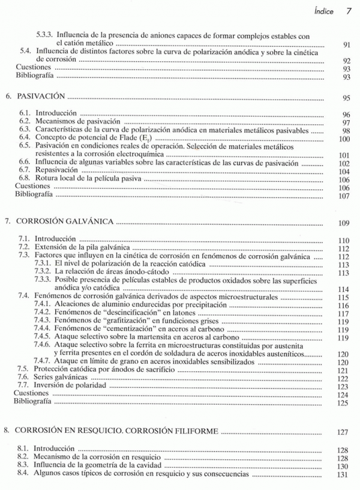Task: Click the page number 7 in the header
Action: coord(347,11)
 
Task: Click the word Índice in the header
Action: coord(324,11)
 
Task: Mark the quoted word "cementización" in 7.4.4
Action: coord(116,330)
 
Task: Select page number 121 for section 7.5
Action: coord(343,371)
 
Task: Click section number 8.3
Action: coord(24,465)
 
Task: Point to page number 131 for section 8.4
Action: coord(343,476)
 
